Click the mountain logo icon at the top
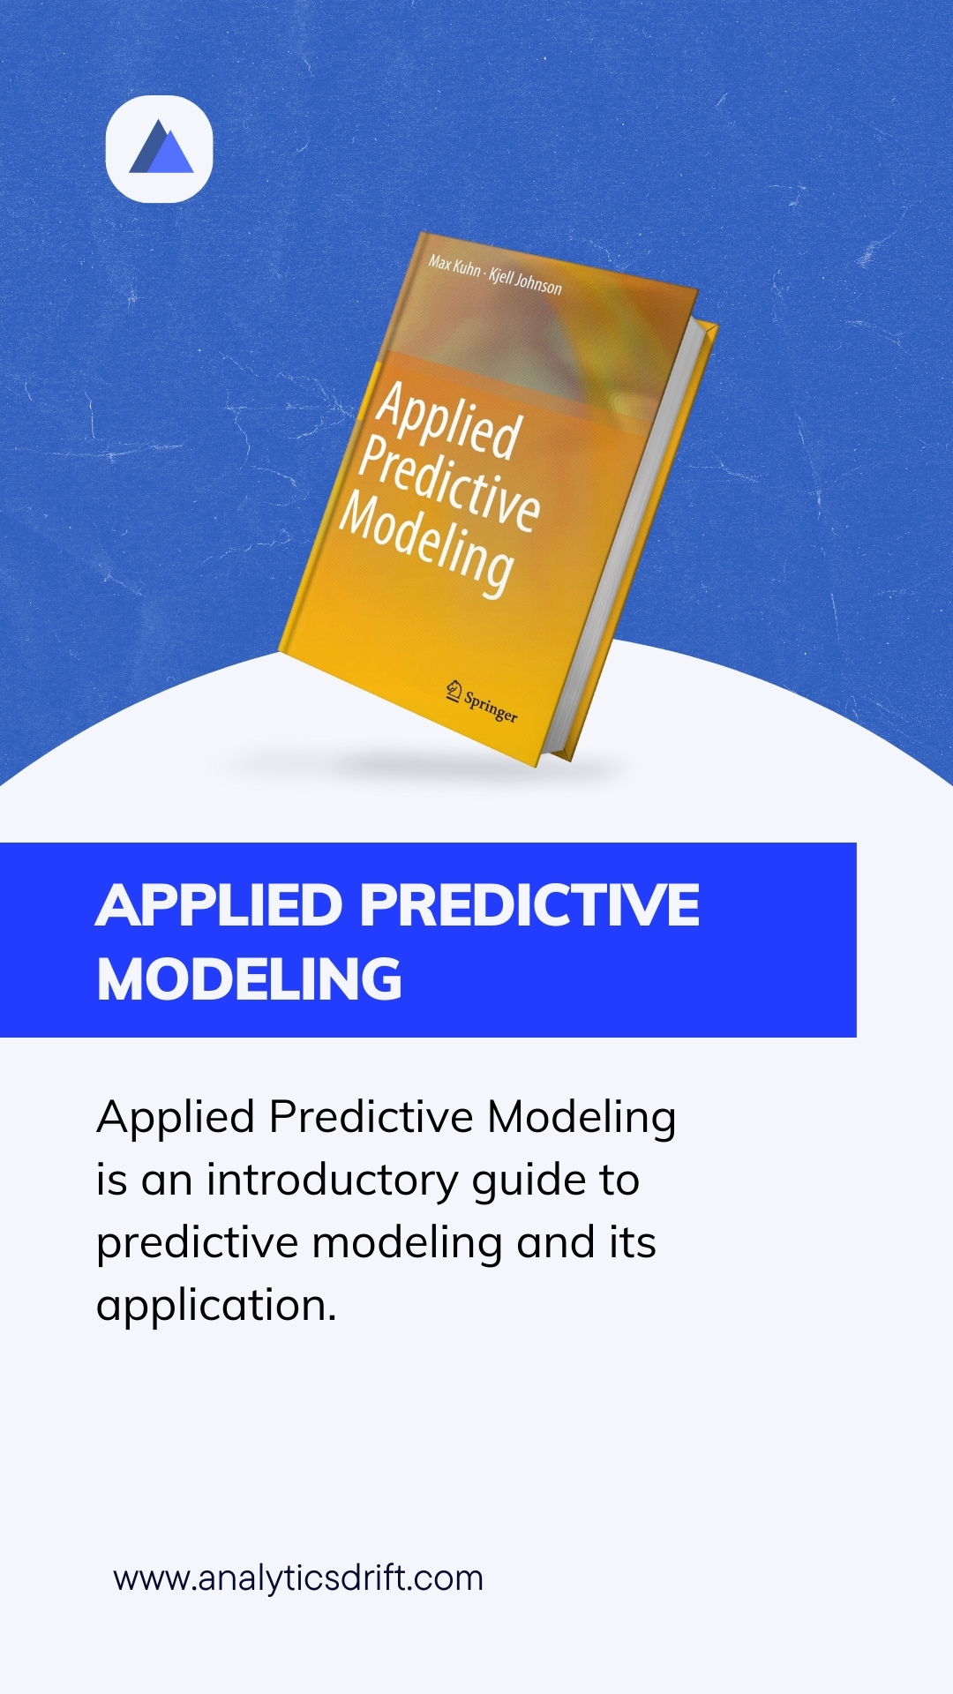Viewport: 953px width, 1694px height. pyautogui.click(x=160, y=148)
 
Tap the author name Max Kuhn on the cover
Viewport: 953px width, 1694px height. pyautogui.click(x=454, y=266)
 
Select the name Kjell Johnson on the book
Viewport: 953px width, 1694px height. pyautogui.click(x=525, y=281)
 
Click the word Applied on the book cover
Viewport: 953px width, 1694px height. pyautogui.click(x=449, y=420)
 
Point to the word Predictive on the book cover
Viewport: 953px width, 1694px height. pyautogui.click(x=450, y=482)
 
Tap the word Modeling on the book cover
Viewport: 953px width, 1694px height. pyautogui.click(x=427, y=543)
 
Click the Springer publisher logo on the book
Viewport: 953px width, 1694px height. pyautogui.click(x=482, y=702)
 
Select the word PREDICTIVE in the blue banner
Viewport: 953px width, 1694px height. pyautogui.click(x=529, y=905)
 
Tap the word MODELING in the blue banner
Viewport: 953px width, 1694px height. pyautogui.click(x=249, y=979)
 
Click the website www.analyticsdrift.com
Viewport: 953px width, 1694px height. pyautogui.click(x=298, y=1578)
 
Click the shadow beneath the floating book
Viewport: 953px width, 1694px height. pyautogui.click(x=424, y=764)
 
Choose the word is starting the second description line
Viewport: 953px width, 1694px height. pyautogui.click(x=112, y=1181)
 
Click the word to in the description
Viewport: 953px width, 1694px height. pyautogui.click(x=619, y=1181)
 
